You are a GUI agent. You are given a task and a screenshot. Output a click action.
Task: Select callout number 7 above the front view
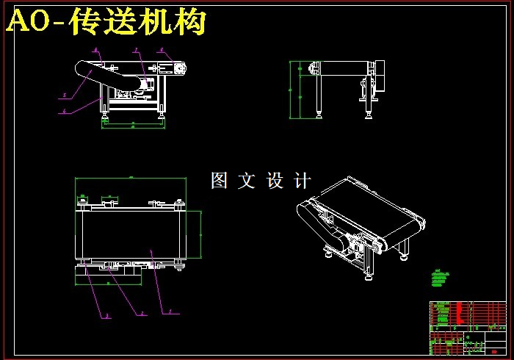click(x=135, y=50)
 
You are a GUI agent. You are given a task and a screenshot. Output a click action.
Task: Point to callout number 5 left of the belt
click(x=64, y=96)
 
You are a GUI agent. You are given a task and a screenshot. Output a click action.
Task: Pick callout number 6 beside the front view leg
click(x=64, y=112)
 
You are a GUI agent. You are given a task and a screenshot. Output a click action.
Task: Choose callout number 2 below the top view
click(x=142, y=314)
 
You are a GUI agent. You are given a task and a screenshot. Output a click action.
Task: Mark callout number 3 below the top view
click(x=106, y=317)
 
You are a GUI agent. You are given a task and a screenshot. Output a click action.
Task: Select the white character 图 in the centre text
click(x=219, y=181)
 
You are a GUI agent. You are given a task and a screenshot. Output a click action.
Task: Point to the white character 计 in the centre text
click(x=303, y=181)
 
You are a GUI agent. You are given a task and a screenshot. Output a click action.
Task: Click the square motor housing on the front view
click(x=176, y=68)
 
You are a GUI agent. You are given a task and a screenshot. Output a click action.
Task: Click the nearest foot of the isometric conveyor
click(x=367, y=277)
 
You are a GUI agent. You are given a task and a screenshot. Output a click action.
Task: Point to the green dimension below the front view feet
click(x=132, y=126)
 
